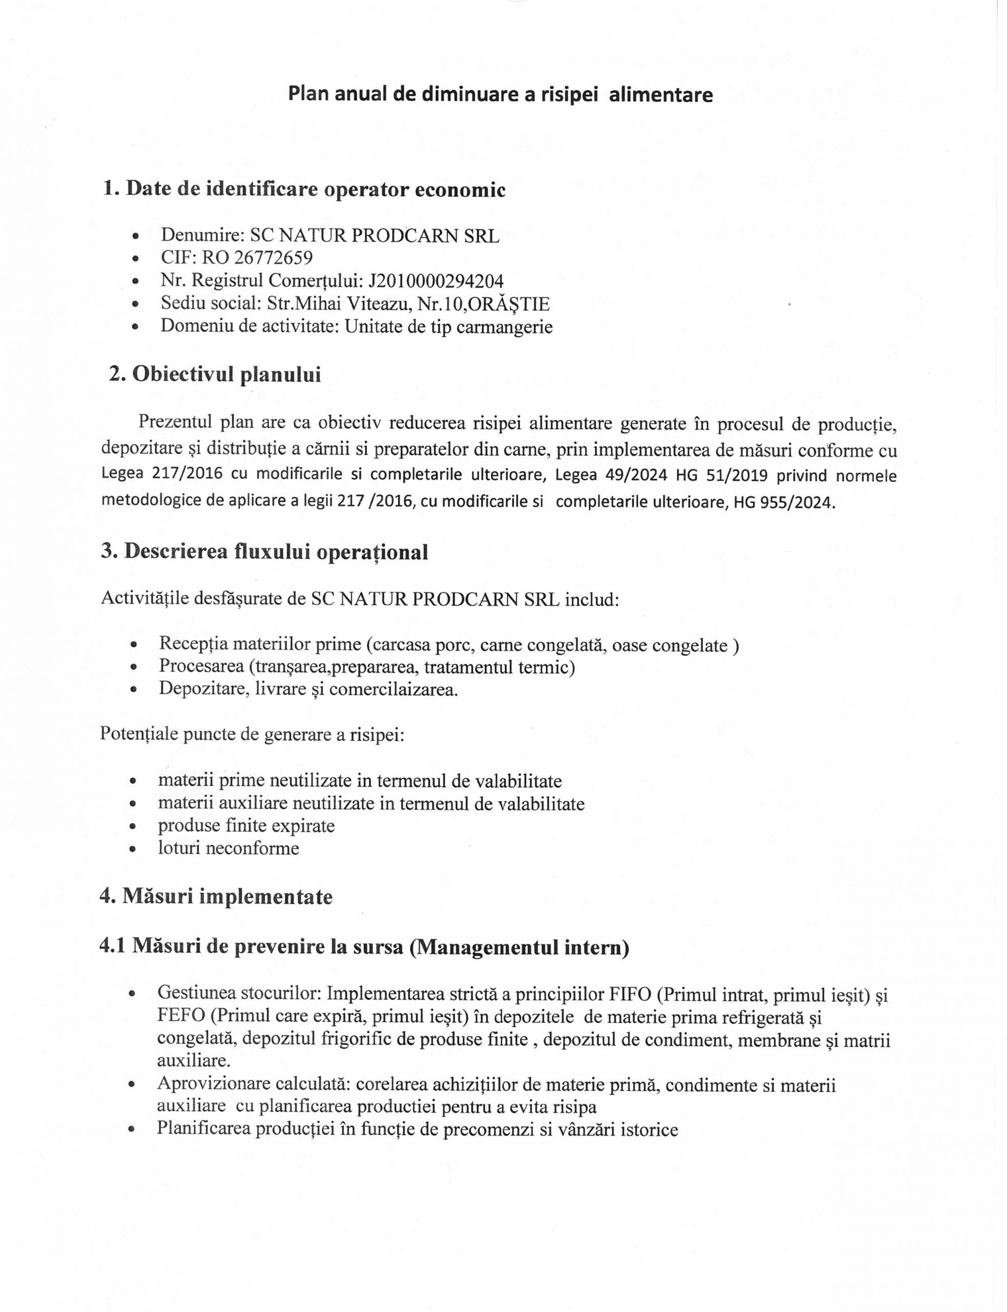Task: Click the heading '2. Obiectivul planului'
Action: coord(215,374)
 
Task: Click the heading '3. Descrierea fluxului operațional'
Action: coord(264,551)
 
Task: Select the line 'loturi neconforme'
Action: coord(229,848)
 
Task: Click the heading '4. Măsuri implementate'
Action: coord(216,897)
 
